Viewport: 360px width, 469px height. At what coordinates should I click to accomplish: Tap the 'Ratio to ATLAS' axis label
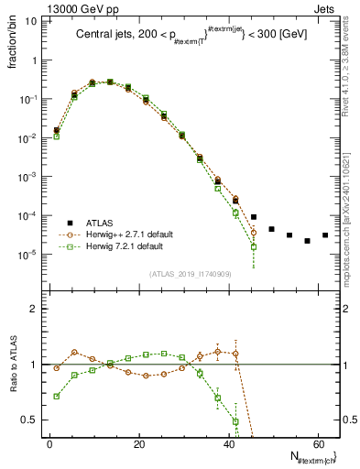pyautogui.click(x=12, y=365)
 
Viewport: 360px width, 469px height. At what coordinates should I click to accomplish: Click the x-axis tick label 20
pyautogui.click(x=138, y=444)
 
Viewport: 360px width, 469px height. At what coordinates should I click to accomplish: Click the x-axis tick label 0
pyautogui.click(x=49, y=444)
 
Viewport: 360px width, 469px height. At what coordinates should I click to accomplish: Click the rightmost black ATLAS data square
pyautogui.click(x=324, y=235)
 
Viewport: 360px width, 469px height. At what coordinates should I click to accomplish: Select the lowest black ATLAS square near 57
pyautogui.click(x=307, y=241)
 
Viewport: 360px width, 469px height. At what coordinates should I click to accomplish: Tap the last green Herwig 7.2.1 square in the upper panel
pyautogui.click(x=254, y=246)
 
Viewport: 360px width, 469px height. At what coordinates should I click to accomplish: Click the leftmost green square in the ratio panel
pyautogui.click(x=57, y=397)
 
